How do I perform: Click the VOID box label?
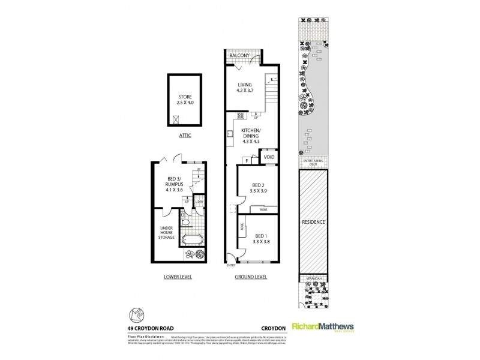269,157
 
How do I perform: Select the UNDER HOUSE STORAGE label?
166,233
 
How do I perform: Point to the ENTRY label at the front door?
231,265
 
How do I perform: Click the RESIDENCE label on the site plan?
313,222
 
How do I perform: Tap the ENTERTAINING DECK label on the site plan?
313,163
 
